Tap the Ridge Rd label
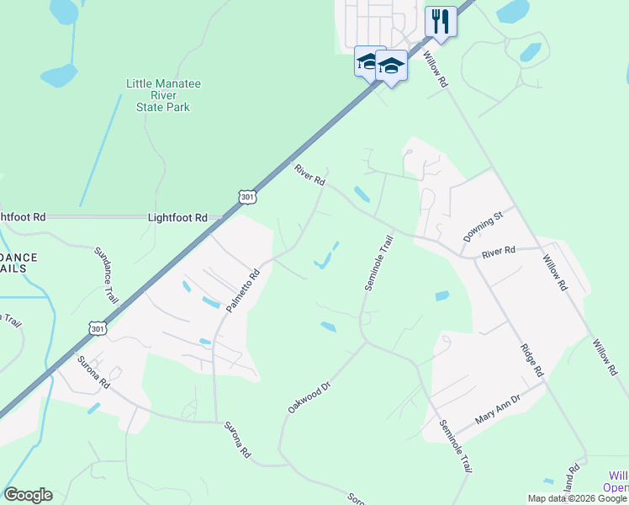click(x=531, y=358)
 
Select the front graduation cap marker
click(x=391, y=65)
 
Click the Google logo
click(x=28, y=495)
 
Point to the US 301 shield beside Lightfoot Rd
click(x=246, y=197)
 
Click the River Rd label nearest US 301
click(x=309, y=174)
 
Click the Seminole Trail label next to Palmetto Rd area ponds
click(x=378, y=263)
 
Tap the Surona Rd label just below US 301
click(x=93, y=370)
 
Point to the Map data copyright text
click(x=577, y=498)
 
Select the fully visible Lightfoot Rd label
click(x=177, y=217)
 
